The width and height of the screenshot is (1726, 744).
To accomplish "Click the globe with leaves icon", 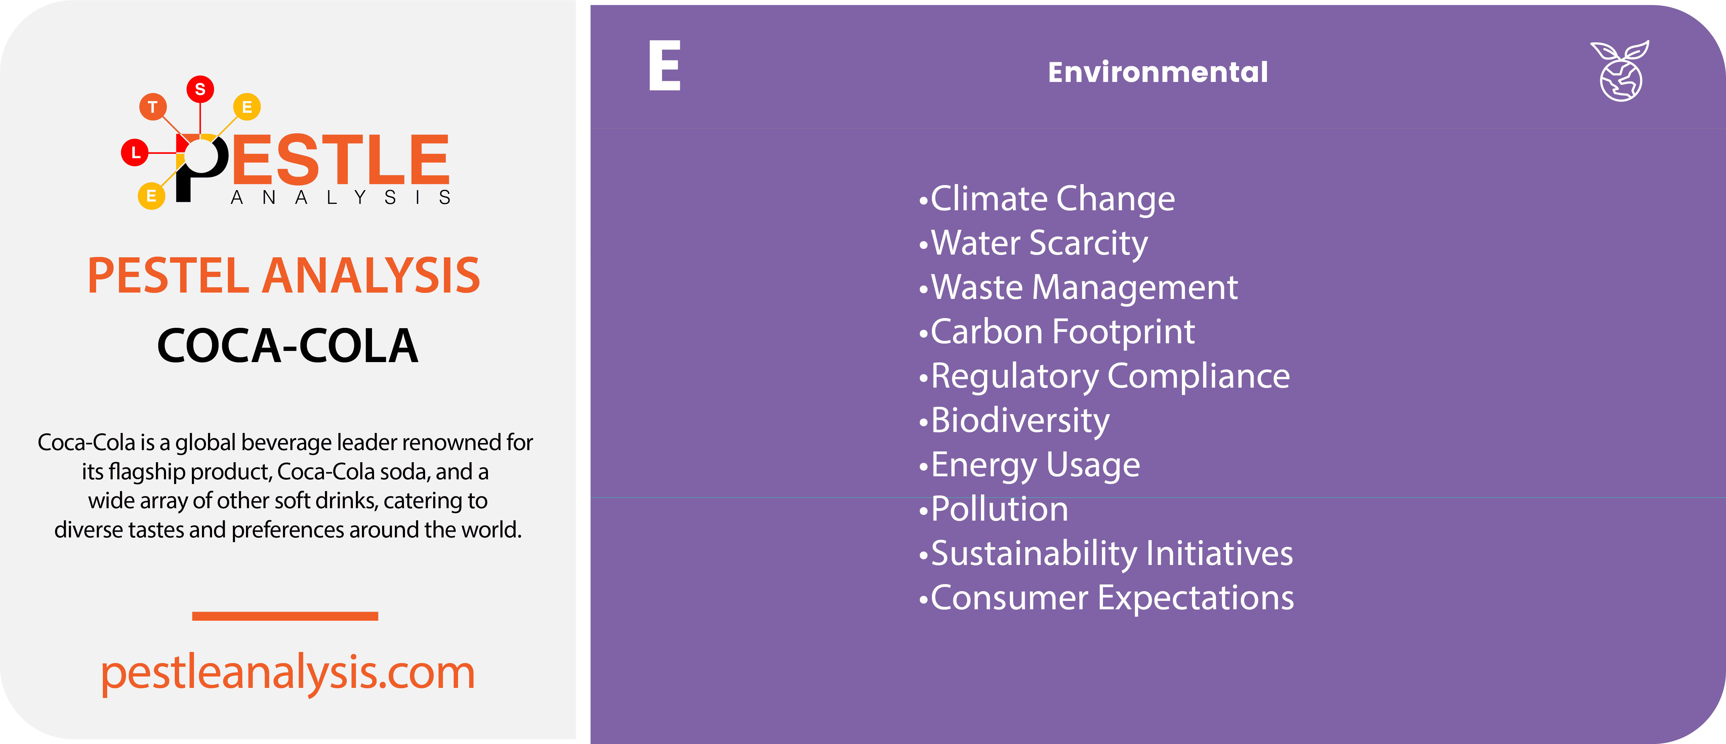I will point(1620,71).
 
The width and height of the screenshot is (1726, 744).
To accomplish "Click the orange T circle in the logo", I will point(153,106).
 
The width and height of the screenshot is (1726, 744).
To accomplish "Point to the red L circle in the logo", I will point(135,152).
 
